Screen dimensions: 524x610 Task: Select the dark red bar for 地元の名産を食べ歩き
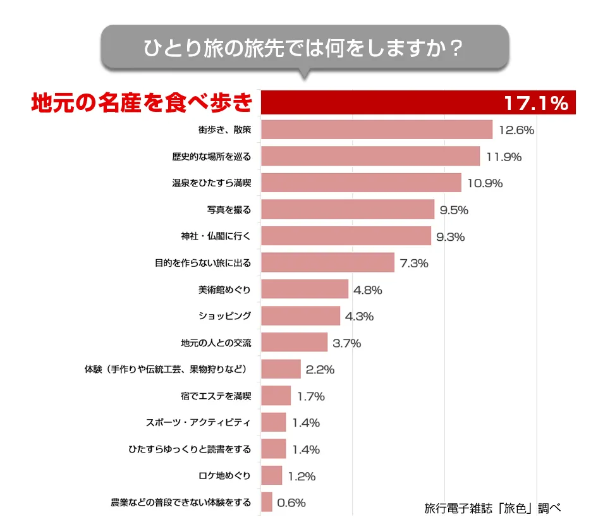coord(379,103)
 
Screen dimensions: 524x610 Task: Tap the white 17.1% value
coord(535,104)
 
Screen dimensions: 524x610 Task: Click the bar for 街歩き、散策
coord(376,130)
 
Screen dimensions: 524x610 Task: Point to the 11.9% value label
coord(504,157)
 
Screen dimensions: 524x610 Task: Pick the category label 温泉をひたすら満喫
coord(212,183)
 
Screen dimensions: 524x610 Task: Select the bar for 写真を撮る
coord(347,210)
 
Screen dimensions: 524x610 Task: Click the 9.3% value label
coord(451,237)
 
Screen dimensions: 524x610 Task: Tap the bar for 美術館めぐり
coord(304,290)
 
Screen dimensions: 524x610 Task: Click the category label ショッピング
coord(225,317)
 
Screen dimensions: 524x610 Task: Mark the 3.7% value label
coord(346,344)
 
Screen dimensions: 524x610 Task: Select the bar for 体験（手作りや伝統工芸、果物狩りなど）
coord(280,370)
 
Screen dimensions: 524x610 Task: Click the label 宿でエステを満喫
coord(216,397)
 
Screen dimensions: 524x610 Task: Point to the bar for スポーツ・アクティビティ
coord(273,423)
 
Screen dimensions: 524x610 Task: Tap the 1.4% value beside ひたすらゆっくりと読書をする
coord(306,450)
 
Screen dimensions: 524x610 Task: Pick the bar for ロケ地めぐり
coord(271,476)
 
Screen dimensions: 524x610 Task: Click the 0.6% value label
coord(292,503)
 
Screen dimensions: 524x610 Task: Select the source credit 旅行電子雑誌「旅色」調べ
coord(493,508)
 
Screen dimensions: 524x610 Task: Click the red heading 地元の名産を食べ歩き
coord(142,103)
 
